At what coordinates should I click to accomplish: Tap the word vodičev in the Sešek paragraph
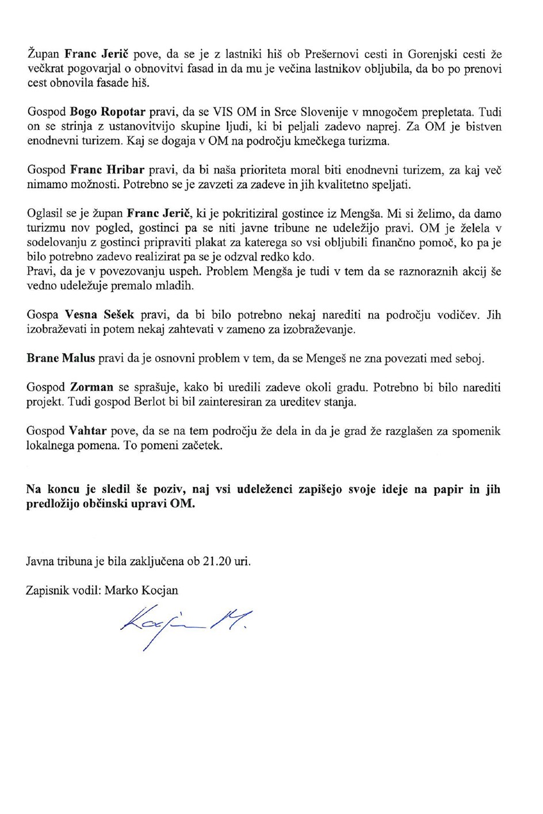coord(465,315)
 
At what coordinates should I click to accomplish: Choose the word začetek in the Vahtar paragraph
coord(198,446)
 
